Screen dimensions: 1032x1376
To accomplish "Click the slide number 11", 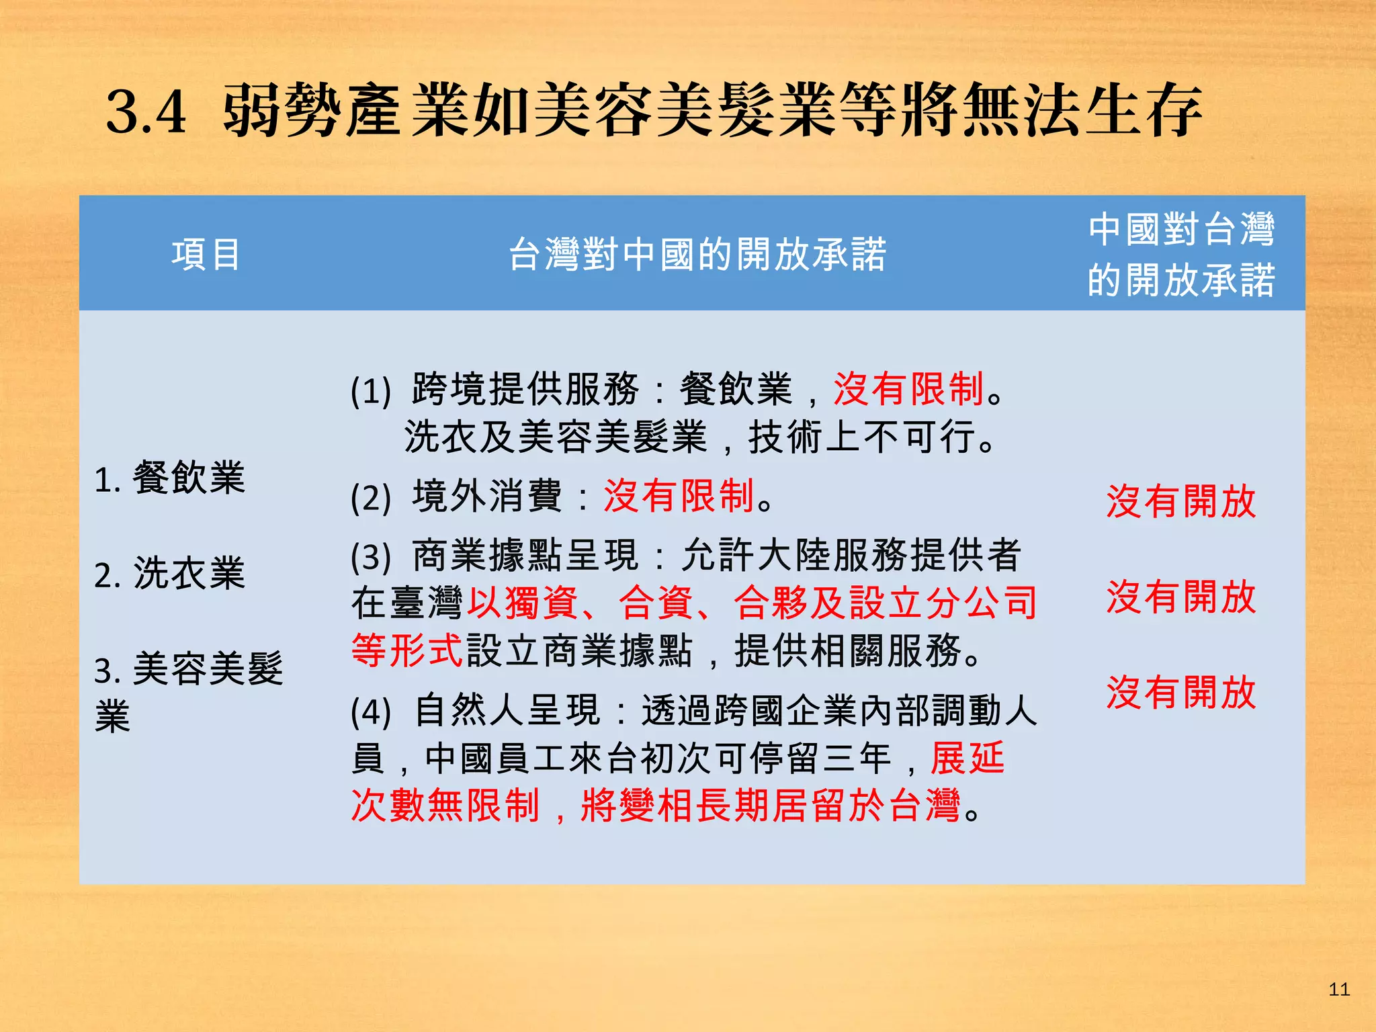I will (x=1338, y=989).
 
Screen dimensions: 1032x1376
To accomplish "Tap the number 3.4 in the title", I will (x=146, y=112).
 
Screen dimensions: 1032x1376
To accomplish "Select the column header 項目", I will (x=206, y=255).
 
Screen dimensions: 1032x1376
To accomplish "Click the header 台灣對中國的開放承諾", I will (x=697, y=255).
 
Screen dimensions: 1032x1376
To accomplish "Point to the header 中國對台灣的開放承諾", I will (x=1181, y=254).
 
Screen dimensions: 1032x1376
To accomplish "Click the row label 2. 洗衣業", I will (x=170, y=574).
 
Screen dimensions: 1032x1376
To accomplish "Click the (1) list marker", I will (x=371, y=390).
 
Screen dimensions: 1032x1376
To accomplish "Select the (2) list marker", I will (x=371, y=498).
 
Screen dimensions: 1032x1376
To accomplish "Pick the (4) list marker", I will (x=371, y=712).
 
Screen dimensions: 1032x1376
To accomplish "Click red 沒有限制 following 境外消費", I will (x=679, y=497).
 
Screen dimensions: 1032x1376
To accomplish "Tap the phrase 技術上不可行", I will (x=862, y=437).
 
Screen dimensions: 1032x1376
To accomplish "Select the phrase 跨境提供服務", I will (x=525, y=389).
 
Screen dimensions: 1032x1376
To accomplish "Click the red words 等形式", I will (x=407, y=650).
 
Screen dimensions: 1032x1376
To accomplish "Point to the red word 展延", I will (x=967, y=759).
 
